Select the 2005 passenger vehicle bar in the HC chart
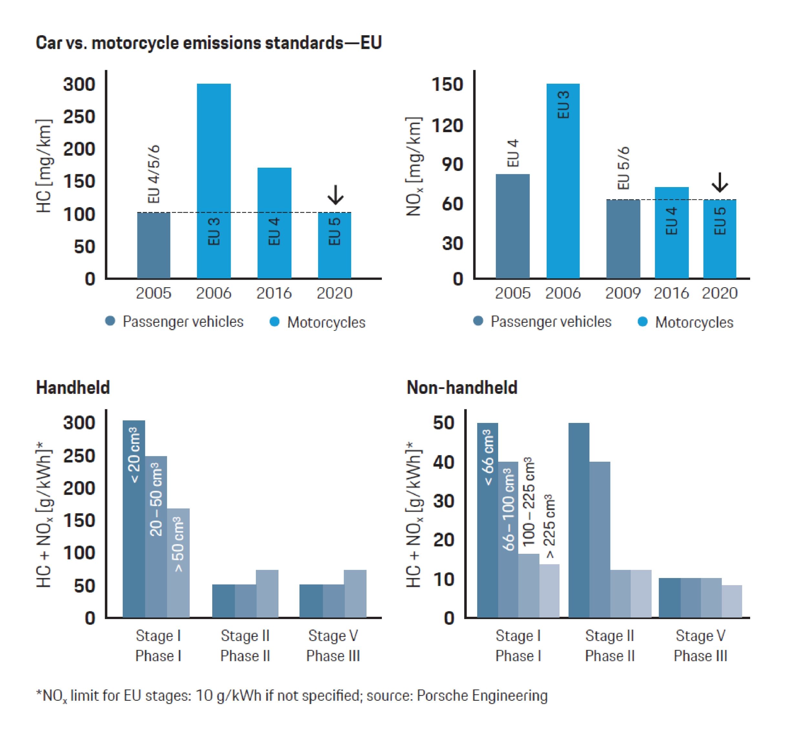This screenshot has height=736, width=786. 153,245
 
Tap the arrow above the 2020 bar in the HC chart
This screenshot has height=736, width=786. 335,195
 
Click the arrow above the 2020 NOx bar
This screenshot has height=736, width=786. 719,182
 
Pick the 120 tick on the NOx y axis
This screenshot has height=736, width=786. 447,126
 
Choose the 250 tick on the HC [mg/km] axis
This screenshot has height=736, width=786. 79,117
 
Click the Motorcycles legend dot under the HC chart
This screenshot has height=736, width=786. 274,322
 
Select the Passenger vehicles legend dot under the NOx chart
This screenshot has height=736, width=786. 478,321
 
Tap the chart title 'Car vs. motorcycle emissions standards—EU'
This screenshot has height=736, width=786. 208,43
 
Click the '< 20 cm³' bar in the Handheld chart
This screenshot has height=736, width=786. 134,519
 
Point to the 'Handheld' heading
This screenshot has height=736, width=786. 73,387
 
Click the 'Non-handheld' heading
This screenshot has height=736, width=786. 462,387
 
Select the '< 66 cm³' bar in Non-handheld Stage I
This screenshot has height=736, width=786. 487,520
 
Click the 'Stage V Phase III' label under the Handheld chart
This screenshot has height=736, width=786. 333,646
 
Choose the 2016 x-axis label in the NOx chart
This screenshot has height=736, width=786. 671,293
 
